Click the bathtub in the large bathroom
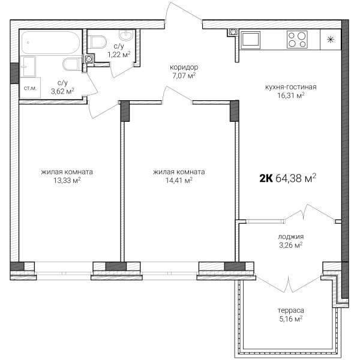pos(50,43)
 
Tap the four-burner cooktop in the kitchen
pos(297,40)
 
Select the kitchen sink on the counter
pos(250,40)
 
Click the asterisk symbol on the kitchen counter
pos(331,40)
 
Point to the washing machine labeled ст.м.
pos(31,88)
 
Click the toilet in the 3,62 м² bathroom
pos(72,65)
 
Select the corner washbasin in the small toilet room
pos(126,35)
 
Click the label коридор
pos(184,67)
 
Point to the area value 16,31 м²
pos(290,95)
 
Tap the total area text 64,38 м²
pos(296,178)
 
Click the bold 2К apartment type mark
pos(266,178)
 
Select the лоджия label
pos(290,236)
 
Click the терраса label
pos(290,310)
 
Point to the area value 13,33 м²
pos(67,181)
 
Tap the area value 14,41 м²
pos(179,181)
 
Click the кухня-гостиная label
pos(290,87)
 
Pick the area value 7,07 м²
pos(184,76)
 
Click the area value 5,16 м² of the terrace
pos(290,319)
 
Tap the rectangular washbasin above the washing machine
pos(28,67)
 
